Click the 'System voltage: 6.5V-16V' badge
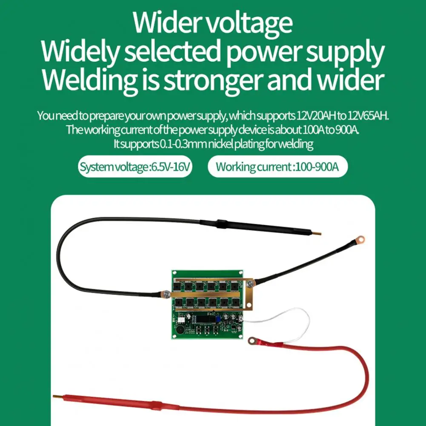pos(135,166)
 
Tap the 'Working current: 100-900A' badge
pos(277,166)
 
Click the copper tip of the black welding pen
pos(318,233)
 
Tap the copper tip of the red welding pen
pos(56,397)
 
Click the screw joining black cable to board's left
pos(163,292)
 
